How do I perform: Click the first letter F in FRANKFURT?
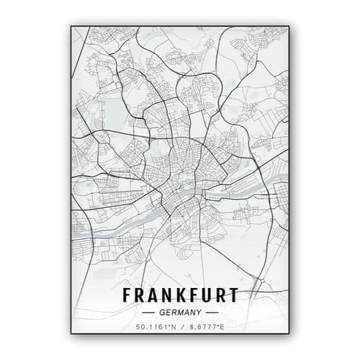click(128, 295)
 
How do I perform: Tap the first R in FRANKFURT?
click(141, 295)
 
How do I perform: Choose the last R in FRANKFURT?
click(220, 295)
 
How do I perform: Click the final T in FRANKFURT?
click(233, 295)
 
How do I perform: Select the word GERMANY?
click(180, 312)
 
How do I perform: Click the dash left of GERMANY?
click(148, 312)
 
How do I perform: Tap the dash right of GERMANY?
click(212, 312)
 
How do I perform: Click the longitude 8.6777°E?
click(206, 328)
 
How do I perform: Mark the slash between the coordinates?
click(181, 328)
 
